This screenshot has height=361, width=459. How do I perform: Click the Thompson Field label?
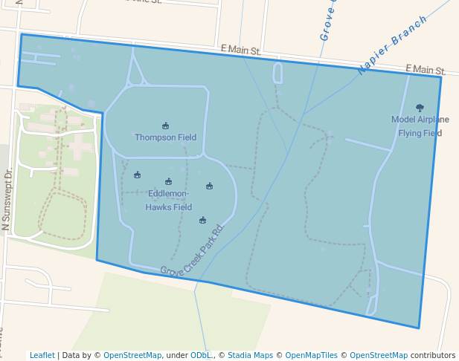tap(165, 137)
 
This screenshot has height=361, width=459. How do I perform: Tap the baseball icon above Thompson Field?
tap(165, 126)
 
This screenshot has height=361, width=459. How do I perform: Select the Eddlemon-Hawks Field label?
tap(169, 201)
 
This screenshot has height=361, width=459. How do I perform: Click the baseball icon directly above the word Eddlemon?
tap(168, 181)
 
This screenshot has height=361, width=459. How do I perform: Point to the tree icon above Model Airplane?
tap(420, 108)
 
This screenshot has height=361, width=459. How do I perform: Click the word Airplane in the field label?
tap(433, 119)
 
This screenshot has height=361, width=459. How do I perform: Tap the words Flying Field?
tap(420, 133)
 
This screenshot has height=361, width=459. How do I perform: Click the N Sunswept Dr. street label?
tap(7, 198)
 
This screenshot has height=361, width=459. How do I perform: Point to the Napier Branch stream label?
tap(392, 45)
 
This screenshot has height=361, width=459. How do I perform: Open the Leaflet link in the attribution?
tap(42, 355)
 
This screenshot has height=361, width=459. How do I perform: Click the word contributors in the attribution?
tap(433, 355)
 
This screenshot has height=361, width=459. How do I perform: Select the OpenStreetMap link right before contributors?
tap(378, 355)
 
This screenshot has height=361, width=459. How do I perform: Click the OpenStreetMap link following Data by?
tap(132, 355)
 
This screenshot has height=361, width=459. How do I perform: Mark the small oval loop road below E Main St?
tap(277, 73)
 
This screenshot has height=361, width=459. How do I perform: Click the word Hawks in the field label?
tap(158, 207)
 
